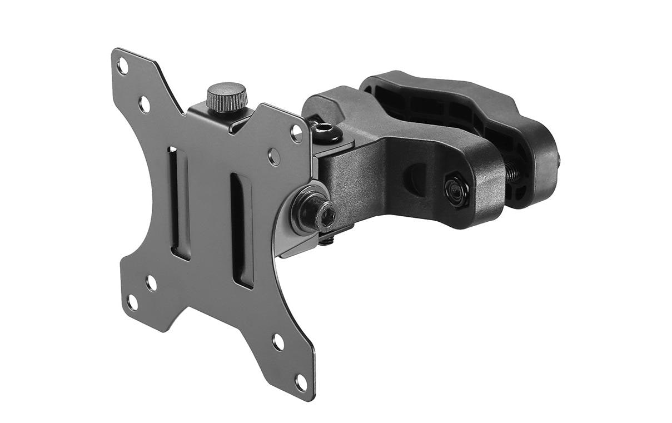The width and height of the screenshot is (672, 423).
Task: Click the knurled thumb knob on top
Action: click(x=226, y=97)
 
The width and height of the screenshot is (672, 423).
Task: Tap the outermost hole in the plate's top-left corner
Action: click(x=122, y=66)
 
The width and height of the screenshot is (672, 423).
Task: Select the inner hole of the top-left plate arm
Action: click(x=145, y=104)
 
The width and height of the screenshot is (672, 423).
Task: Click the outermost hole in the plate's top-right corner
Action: click(x=297, y=133)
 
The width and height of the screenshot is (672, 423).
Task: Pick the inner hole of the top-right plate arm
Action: click(x=275, y=156)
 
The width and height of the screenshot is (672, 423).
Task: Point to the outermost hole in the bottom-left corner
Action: click(x=132, y=303)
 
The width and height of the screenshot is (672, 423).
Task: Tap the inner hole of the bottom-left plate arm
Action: click(x=151, y=283)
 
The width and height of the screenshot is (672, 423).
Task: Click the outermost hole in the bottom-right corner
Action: click(x=301, y=382)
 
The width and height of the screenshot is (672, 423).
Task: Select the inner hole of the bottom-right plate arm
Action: click(x=278, y=342)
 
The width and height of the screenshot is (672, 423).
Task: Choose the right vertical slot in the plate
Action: click(x=242, y=231)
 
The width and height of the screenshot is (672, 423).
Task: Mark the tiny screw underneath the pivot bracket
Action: click(x=328, y=240)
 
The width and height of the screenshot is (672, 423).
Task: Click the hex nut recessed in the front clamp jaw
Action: click(x=456, y=191)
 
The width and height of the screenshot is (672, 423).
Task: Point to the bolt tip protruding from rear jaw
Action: click(x=557, y=161)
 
